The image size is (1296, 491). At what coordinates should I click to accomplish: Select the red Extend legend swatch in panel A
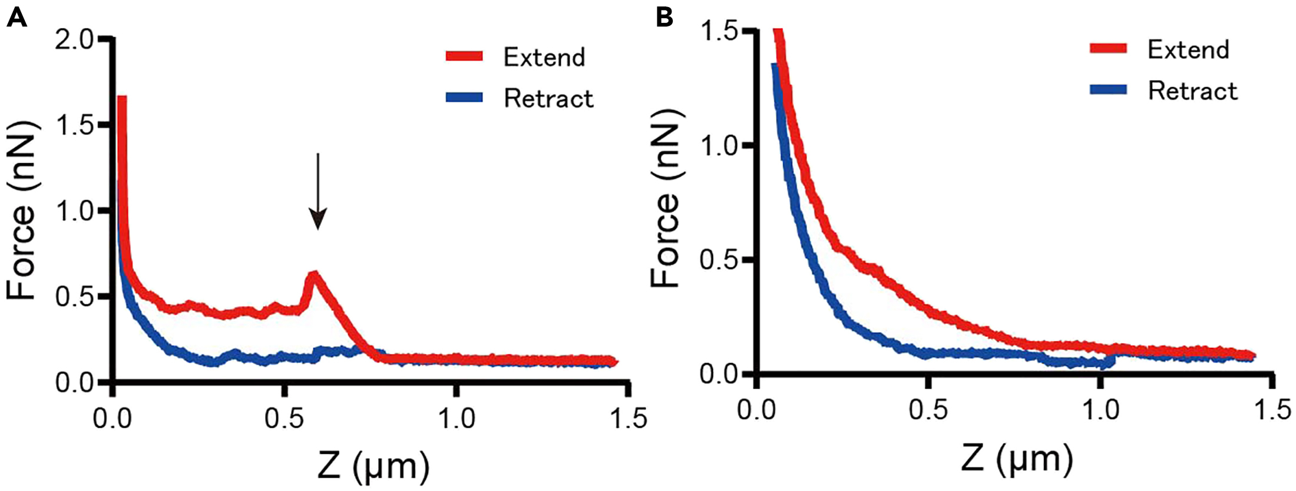[464, 57]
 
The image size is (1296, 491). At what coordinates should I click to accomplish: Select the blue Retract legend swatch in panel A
[464, 98]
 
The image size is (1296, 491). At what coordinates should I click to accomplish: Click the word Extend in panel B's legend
[1188, 49]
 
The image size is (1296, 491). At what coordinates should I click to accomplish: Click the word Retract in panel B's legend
[1192, 91]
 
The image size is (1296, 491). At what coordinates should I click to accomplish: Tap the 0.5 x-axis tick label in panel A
[284, 419]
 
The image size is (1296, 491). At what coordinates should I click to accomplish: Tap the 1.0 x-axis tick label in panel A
[456, 419]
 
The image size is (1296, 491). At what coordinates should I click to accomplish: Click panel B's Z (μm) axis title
[1017, 459]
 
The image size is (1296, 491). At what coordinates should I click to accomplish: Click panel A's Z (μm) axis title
[373, 466]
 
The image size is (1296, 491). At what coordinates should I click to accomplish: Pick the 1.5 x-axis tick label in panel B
[1272, 410]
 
